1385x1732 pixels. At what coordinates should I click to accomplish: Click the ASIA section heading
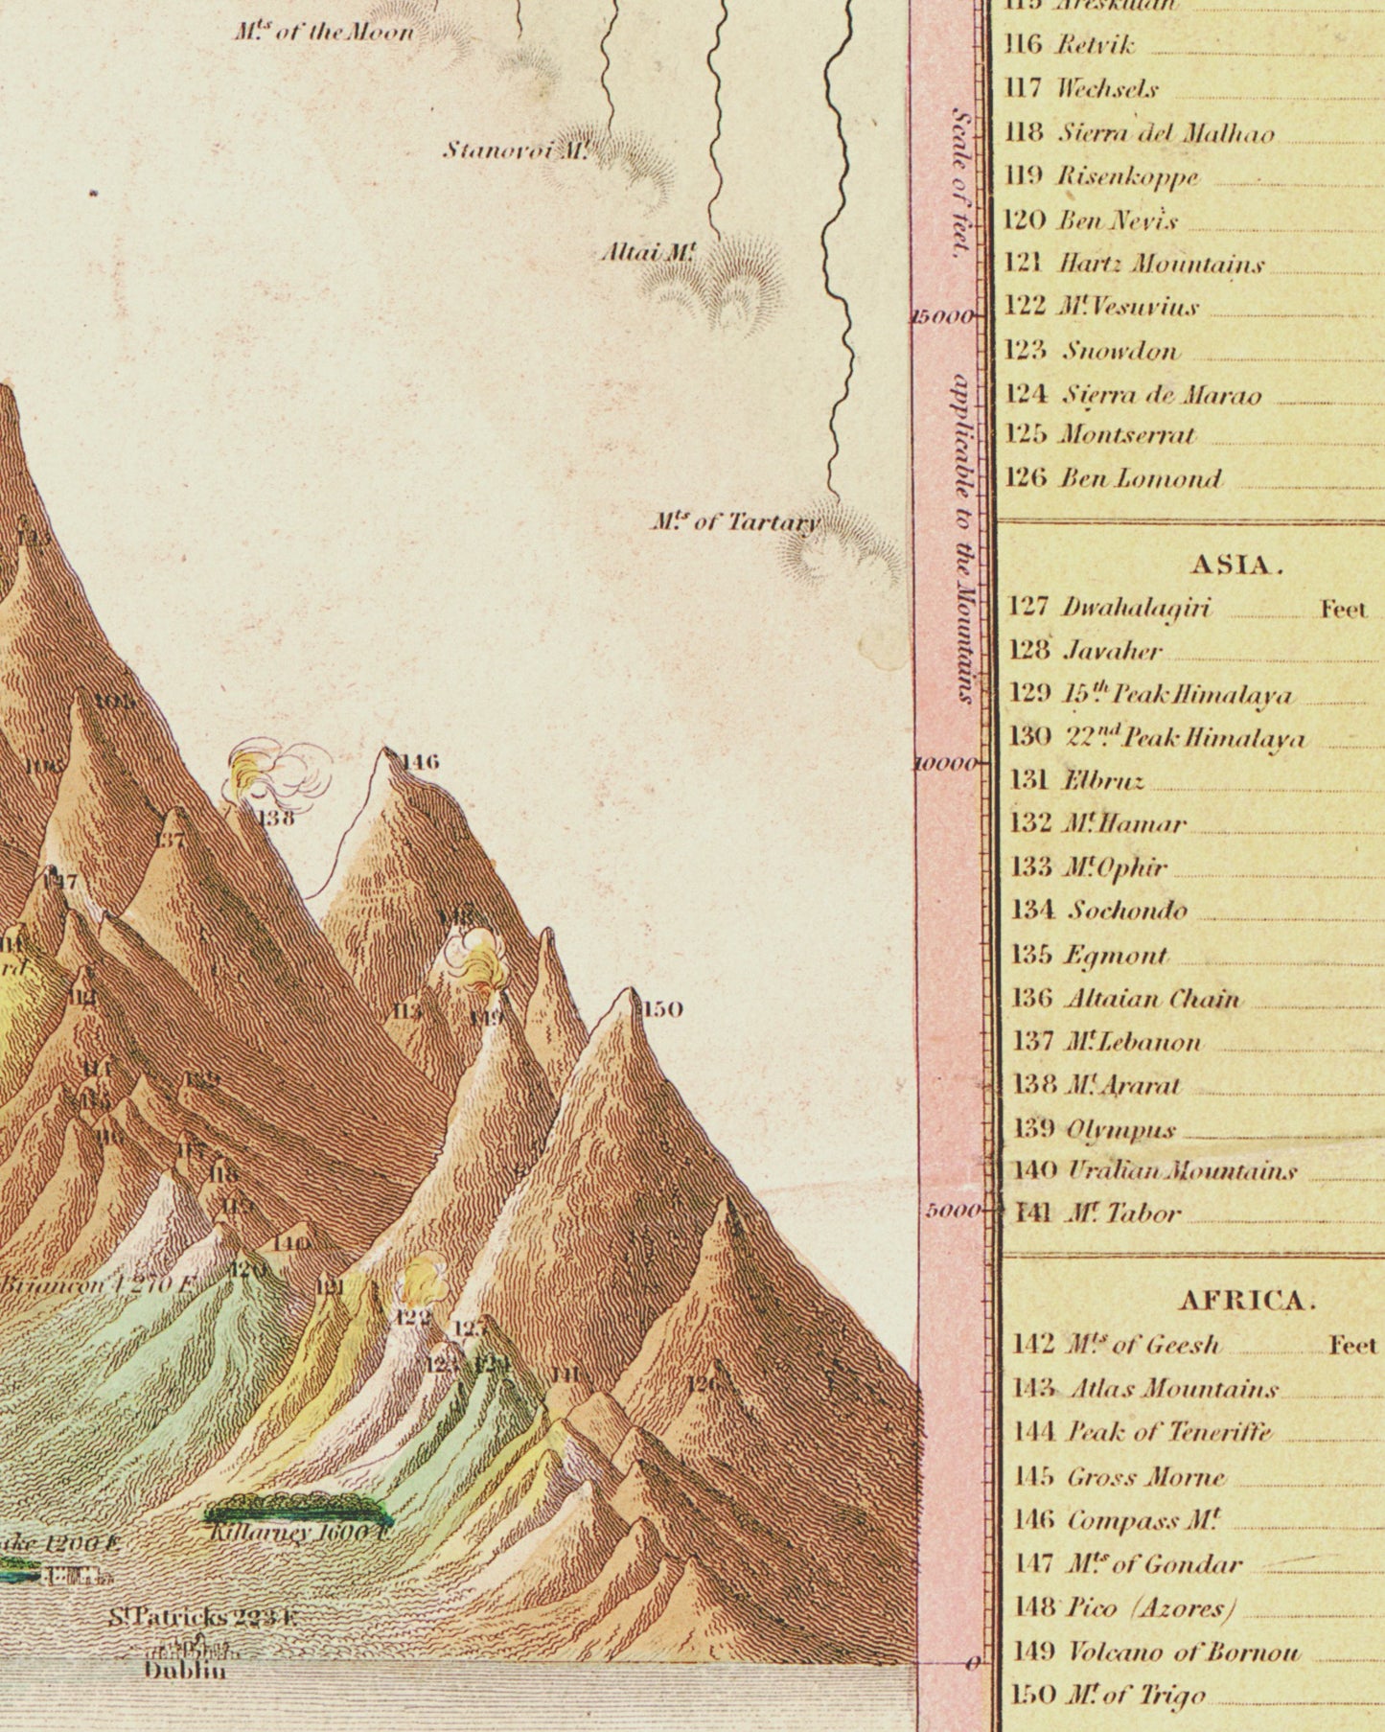1236,565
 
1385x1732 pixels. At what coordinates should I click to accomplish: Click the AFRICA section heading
1246,1301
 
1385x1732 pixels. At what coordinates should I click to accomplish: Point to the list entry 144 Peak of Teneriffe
1142,1432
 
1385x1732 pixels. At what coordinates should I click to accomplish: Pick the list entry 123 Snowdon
1093,351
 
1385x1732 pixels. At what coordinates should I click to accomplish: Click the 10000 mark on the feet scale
945,764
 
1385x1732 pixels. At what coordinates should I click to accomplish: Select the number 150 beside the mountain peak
662,1008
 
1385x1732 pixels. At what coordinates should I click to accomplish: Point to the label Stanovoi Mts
515,150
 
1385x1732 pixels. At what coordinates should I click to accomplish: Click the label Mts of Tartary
734,522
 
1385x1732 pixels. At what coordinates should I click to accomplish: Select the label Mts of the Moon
324,32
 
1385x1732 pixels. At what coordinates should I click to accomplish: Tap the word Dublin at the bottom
186,1669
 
